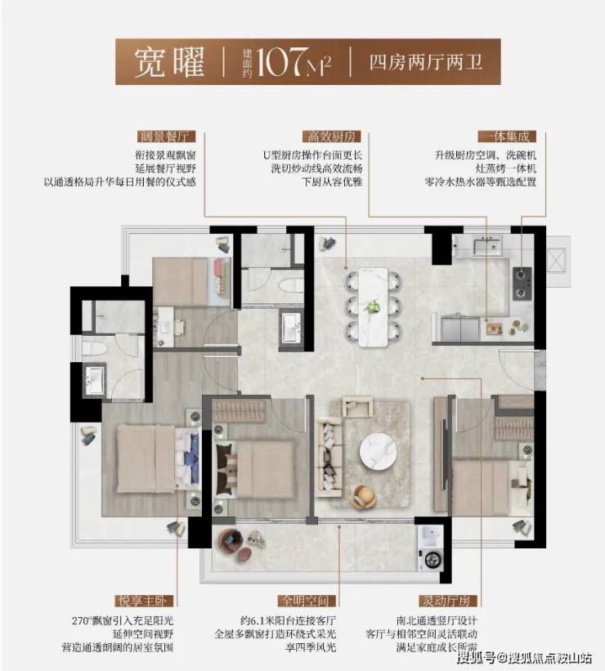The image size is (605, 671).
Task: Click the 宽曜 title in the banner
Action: (x=169, y=62)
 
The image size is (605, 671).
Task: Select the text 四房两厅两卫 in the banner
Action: (x=426, y=62)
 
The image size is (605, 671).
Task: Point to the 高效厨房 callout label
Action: (x=332, y=136)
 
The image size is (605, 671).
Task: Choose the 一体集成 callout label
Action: (x=507, y=136)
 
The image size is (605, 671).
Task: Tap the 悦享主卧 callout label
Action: (x=143, y=601)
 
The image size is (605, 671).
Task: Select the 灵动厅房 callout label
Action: (x=447, y=601)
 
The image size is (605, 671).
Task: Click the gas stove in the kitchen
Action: (x=522, y=284)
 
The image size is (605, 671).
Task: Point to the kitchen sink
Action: (x=487, y=244)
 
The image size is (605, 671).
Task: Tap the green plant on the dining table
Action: (x=374, y=306)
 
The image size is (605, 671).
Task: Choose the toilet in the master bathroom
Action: (x=93, y=347)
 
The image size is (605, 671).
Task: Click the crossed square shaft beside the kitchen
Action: (x=557, y=261)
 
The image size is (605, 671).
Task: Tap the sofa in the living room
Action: (x=329, y=459)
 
